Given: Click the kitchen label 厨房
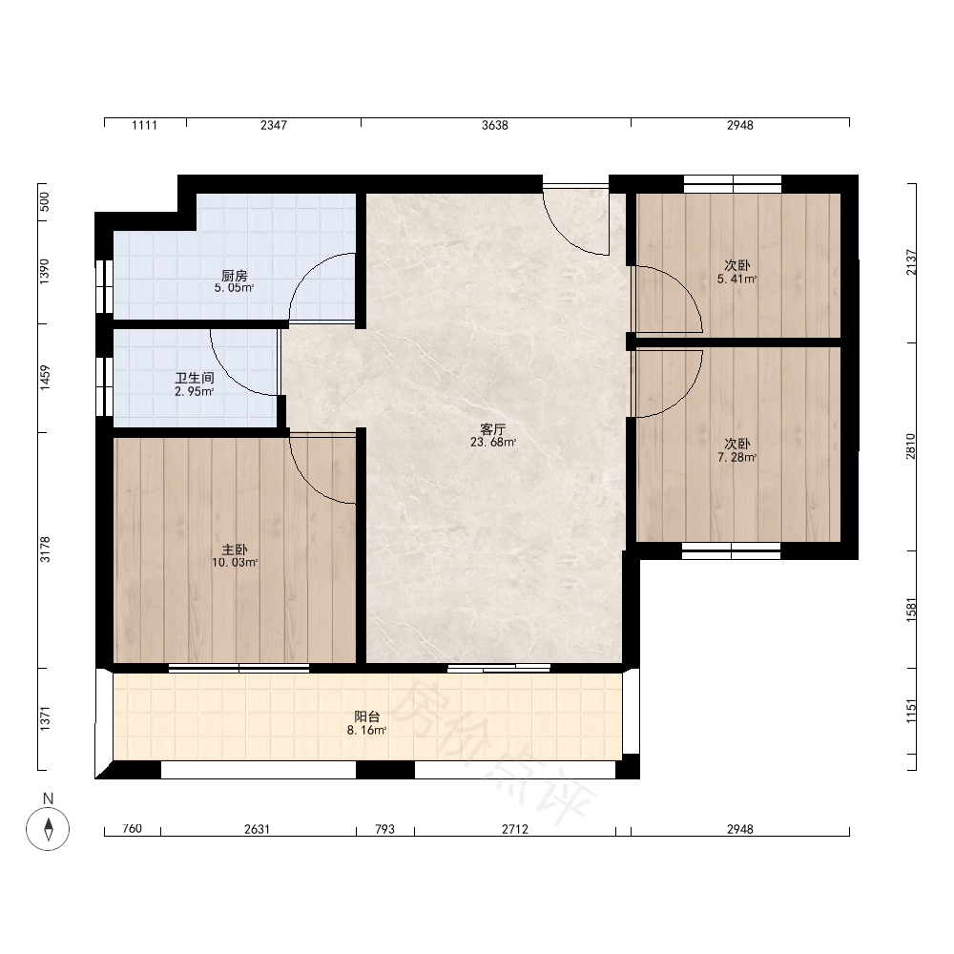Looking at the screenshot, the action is click(235, 276).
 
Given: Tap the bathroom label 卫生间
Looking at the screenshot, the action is click(195, 379).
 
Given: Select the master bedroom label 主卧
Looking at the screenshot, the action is click(235, 550).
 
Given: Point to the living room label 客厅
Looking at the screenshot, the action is click(493, 429).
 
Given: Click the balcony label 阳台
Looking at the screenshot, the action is click(367, 717).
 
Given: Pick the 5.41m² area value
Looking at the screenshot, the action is click(736, 280).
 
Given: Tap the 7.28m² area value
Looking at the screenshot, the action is click(736, 458).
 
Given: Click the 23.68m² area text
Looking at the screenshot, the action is click(493, 443).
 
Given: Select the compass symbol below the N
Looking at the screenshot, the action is click(48, 829).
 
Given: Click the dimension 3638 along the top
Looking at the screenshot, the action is click(494, 125).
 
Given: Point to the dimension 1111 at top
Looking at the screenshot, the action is click(144, 125).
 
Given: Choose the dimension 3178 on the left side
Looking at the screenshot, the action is click(45, 550).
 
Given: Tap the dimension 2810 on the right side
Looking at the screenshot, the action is click(910, 446).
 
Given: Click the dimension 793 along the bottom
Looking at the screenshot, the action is click(384, 829).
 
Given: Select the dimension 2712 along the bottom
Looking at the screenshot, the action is click(515, 829).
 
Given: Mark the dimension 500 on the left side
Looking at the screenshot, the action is click(45, 201).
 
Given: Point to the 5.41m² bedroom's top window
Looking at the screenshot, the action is click(733, 183).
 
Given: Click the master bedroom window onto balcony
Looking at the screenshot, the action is click(239, 668).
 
